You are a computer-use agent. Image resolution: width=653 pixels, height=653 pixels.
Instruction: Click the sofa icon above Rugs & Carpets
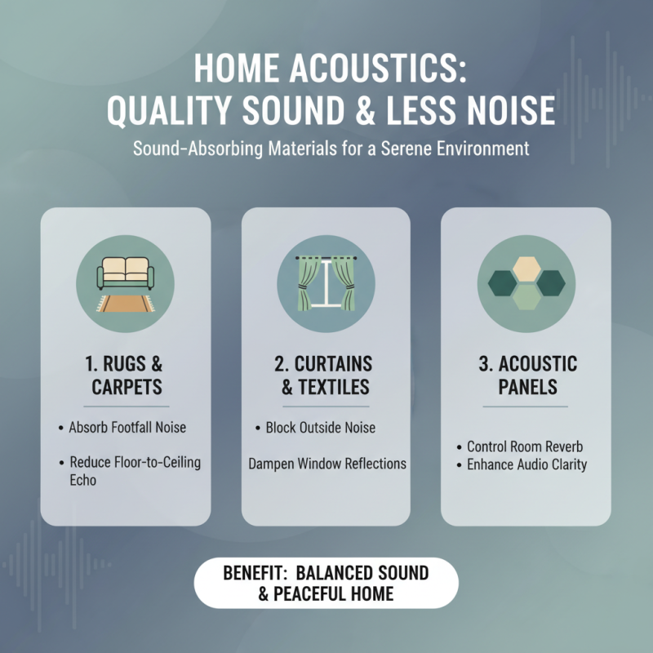(125, 272)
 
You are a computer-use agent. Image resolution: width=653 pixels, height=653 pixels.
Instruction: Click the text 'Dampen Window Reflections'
(326, 464)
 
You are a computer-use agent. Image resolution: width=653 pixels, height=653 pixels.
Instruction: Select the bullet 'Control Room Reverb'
(524, 446)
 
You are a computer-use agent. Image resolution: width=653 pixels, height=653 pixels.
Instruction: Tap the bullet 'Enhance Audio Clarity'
(524, 465)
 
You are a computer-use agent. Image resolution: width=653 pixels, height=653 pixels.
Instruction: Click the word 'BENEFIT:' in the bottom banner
(254, 573)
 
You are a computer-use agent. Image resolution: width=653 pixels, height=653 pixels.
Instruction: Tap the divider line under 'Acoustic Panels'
(526, 406)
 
